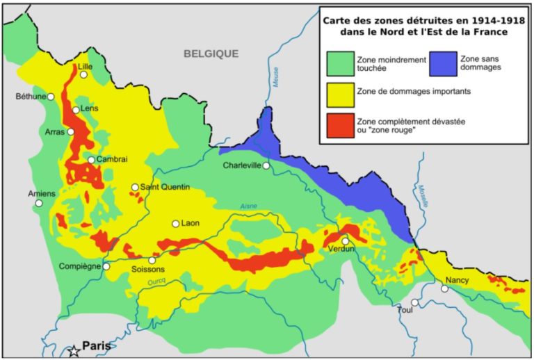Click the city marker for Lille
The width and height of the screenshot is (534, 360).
pyautogui.click(x=83, y=75)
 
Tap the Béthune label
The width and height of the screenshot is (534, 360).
pyautogui.click(x=31, y=97)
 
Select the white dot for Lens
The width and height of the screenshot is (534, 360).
pyautogui.click(x=76, y=110)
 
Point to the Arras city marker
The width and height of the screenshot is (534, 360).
pyautogui.click(x=70, y=131)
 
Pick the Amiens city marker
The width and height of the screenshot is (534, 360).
pyautogui.click(x=39, y=204)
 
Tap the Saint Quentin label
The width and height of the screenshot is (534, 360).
pyautogui.click(x=165, y=187)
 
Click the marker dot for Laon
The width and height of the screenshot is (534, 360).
pyautogui.click(x=176, y=224)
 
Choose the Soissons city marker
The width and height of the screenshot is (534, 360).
pyautogui.click(x=152, y=260)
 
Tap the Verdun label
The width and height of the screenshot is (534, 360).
pyautogui.click(x=342, y=249)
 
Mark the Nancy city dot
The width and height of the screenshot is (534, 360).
pyautogui.click(x=444, y=288)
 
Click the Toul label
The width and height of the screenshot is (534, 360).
pyautogui.click(x=405, y=310)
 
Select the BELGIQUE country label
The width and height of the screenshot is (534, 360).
pyautogui.click(x=211, y=54)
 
